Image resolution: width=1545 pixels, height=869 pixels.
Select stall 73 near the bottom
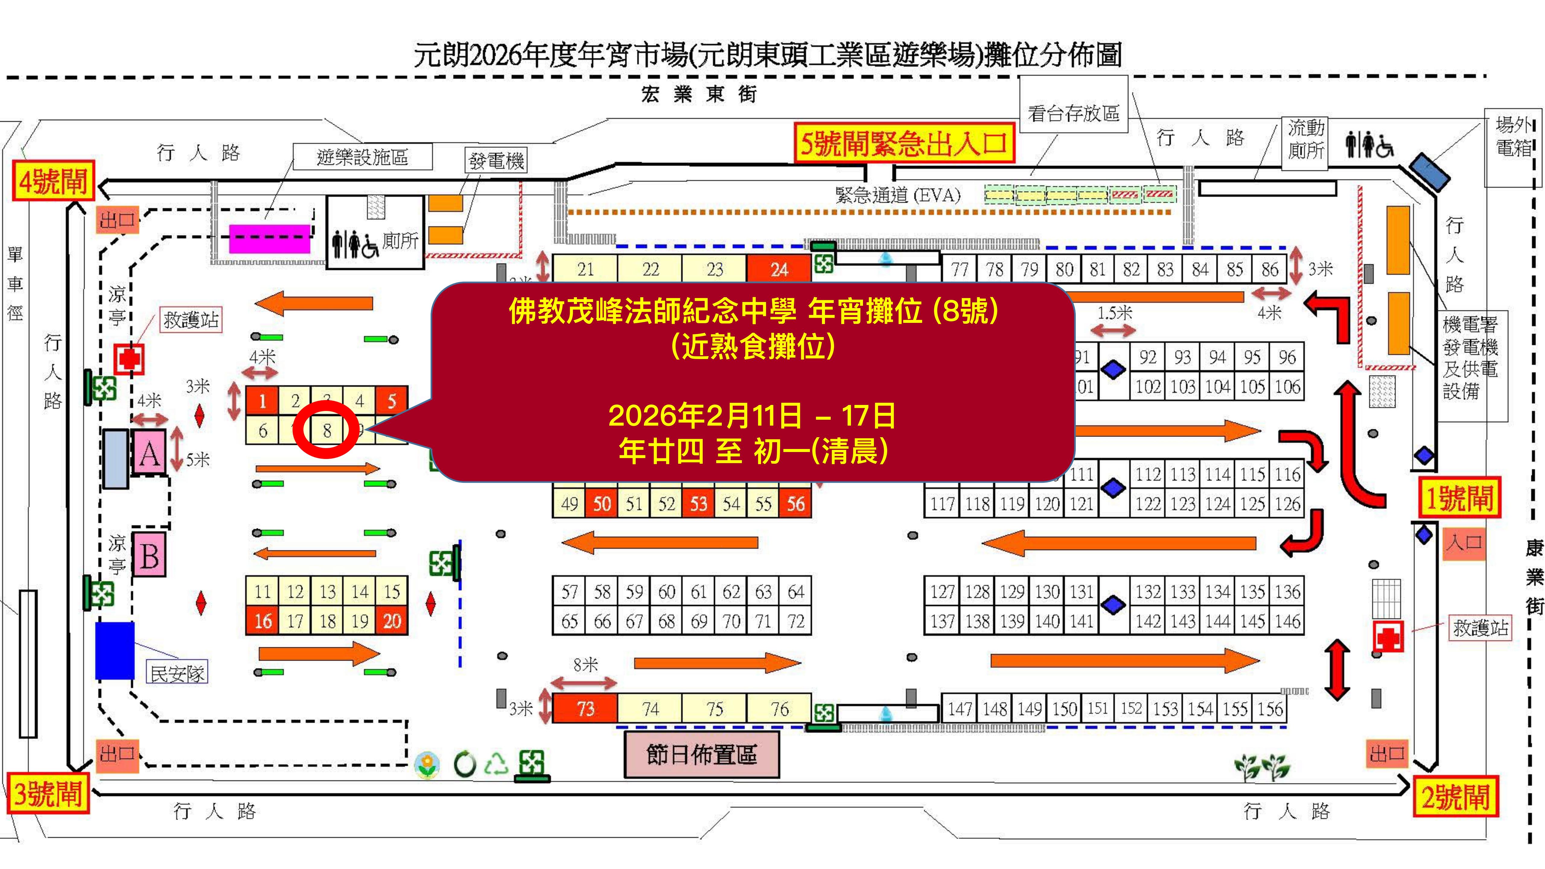(x=585, y=709)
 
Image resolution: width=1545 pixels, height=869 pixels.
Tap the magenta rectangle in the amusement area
(x=270, y=238)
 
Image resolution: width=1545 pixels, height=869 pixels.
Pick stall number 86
(x=1269, y=269)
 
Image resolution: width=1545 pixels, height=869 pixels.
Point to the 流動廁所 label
(x=1306, y=139)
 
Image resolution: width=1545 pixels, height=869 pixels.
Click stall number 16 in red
(x=263, y=621)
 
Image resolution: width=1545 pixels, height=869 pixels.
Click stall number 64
(x=795, y=592)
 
